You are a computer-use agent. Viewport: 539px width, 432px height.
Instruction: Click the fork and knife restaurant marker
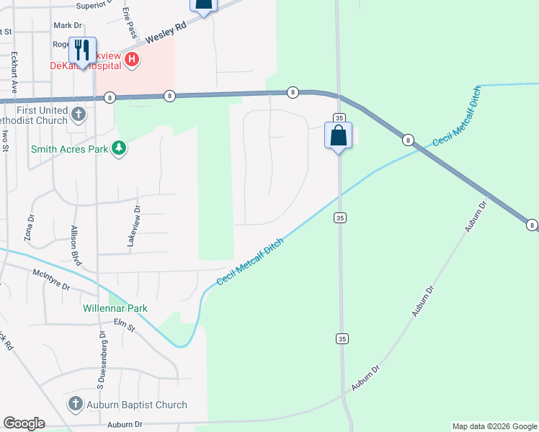pos(81,50)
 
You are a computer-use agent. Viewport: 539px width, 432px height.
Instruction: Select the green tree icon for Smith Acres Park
pos(120,149)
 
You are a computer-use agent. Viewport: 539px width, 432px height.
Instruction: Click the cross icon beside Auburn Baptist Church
pos(76,405)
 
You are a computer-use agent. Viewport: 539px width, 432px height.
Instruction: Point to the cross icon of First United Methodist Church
pos(79,114)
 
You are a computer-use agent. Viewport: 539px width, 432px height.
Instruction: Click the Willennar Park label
pos(115,308)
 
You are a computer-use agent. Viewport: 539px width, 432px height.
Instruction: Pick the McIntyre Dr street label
pos(51,280)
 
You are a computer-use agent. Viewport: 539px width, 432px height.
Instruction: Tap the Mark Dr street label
pos(68,25)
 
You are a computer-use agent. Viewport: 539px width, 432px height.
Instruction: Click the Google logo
pos(24,423)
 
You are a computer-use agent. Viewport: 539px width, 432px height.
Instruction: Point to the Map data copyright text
pos(494,426)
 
